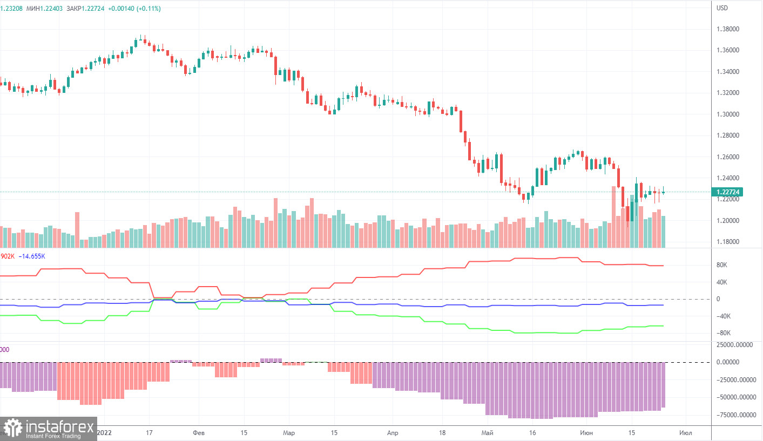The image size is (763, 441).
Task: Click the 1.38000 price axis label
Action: coord(727,29)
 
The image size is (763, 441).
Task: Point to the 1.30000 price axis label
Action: coord(727,114)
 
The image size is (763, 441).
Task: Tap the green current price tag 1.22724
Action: coord(727,192)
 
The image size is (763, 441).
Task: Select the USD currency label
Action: coord(722,8)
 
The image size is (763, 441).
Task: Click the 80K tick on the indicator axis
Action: coord(722,266)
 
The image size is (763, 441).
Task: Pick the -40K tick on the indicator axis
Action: coord(723,316)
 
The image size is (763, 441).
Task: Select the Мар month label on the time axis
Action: coord(289,433)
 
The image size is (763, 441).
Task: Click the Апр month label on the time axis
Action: coord(393,433)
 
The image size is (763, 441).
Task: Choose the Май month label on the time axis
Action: coord(487,433)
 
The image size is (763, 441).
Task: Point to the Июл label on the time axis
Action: coord(686,433)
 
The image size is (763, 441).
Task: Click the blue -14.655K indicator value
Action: coord(32,256)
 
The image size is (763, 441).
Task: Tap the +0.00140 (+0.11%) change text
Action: coord(135,9)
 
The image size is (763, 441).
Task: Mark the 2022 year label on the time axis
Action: coord(106,433)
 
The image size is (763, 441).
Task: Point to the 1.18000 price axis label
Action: coord(727,241)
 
